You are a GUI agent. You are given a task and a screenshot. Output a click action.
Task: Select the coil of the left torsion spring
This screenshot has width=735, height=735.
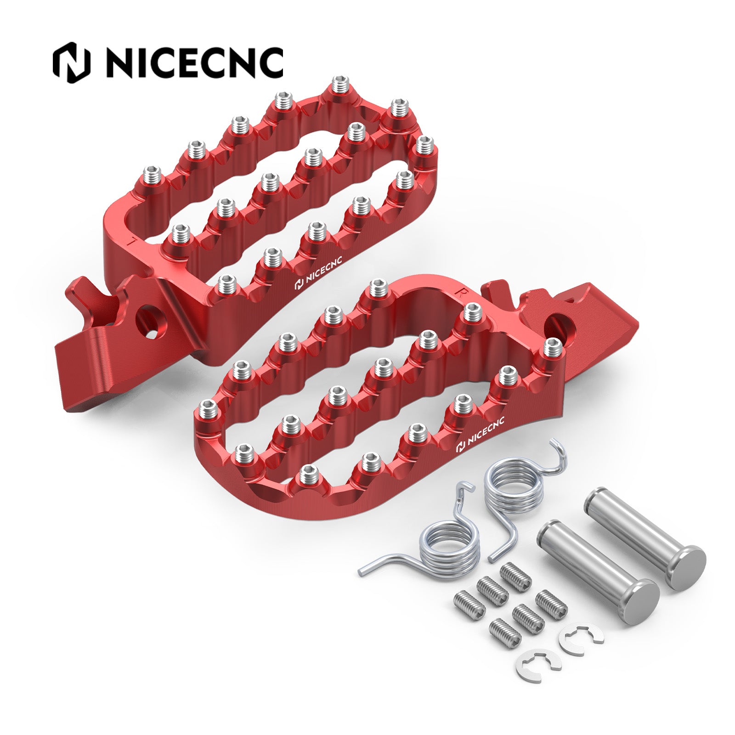450,549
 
